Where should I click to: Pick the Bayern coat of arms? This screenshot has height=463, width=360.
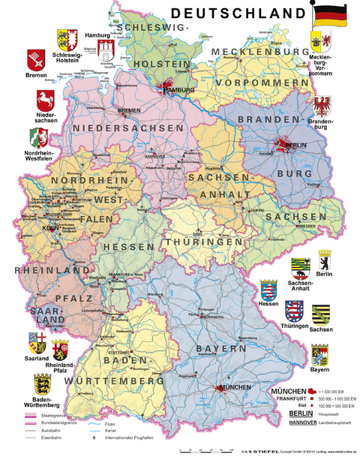(x=321, y=353)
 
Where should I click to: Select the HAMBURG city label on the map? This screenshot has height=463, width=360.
(x=176, y=91)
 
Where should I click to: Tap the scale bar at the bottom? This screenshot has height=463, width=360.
(x=202, y=451)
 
